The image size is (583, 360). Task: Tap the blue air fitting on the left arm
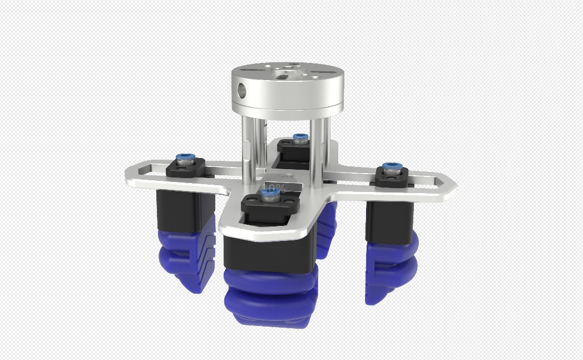[x=184, y=158]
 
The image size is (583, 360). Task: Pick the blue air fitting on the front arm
[x=271, y=193]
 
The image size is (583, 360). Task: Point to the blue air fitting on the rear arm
[x=300, y=137]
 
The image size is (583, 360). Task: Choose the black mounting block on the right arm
[x=393, y=177]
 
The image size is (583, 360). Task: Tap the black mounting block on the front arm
[x=271, y=205]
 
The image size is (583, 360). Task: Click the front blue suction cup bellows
[x=271, y=298]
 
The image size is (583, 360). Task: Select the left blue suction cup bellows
[x=186, y=259]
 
